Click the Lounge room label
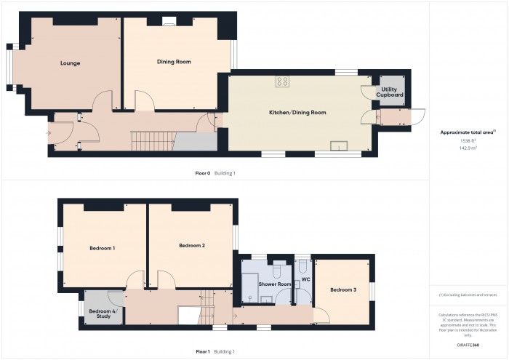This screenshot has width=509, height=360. pos(70,63)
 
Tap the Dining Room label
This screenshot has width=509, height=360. pos(174,62)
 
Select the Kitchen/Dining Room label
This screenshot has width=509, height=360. pos(298,113)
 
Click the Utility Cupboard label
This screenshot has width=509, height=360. pos(389,92)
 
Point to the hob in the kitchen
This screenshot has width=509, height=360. pos(282,82)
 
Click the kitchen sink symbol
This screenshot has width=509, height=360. pos(338,146)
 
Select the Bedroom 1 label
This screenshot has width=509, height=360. pos(103,249)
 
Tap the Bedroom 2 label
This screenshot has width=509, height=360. pos(191,246)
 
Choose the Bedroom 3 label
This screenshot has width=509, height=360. pos(342,290)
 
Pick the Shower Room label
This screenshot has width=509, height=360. pos(275,284)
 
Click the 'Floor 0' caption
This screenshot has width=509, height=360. pos(202,173)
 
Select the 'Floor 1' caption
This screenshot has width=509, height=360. pos(202,351)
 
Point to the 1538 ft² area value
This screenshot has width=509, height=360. pos(468,140)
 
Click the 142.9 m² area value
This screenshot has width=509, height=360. pos(468,148)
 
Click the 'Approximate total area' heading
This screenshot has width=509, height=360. pos(467,132)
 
